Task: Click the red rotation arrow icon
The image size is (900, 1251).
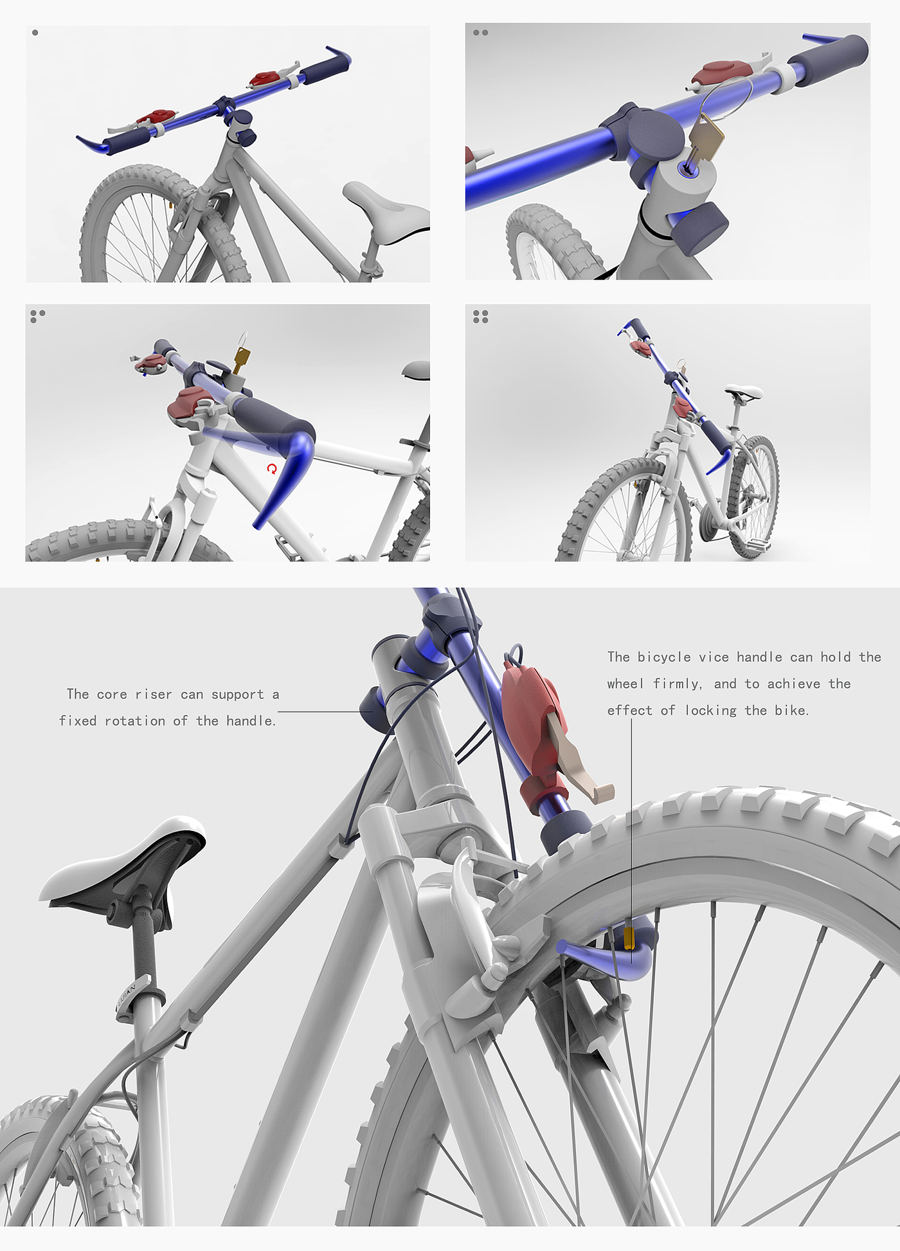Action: click(x=272, y=469)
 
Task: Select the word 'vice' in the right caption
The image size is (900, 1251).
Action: click(x=714, y=657)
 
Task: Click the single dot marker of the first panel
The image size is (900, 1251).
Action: click(x=35, y=32)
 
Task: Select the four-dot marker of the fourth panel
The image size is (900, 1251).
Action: click(x=480, y=316)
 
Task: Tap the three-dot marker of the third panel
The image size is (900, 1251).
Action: click(x=37, y=315)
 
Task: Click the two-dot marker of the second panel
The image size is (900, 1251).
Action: click(x=480, y=32)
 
